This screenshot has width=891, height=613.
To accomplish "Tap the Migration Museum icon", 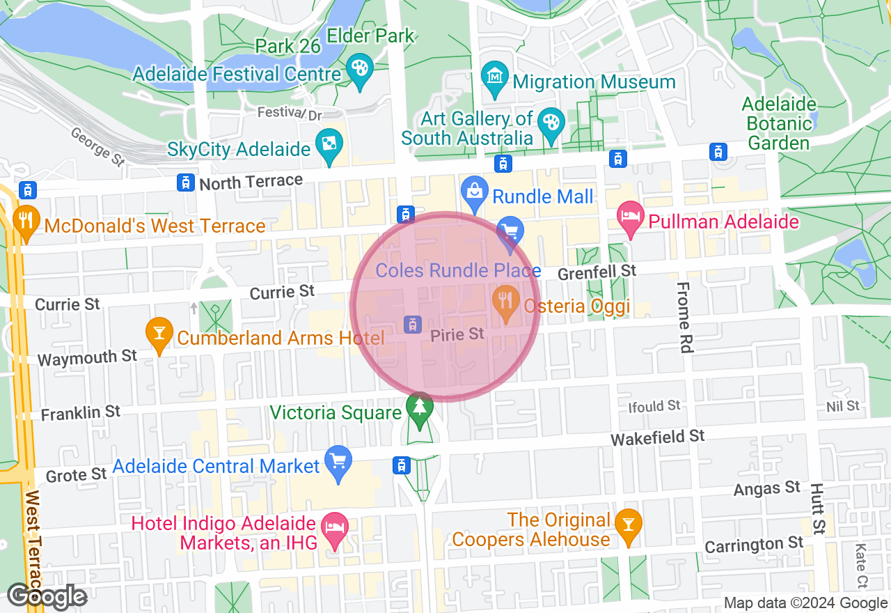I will pos(495,74).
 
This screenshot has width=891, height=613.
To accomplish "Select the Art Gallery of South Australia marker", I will pos(551,124).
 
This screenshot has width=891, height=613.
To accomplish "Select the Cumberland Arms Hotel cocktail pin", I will pos(159,333).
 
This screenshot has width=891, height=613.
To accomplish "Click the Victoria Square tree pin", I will pos(419,407).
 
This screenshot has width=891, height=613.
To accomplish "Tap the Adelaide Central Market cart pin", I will pos(339,461).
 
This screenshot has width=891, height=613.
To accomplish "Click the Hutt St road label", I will pos(817,509).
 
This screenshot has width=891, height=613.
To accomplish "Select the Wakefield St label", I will pos(658,437).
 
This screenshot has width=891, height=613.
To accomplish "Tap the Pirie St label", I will pos(457,335).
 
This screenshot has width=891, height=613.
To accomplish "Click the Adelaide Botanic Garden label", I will pos(778,124).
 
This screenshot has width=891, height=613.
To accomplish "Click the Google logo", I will pos(47,596).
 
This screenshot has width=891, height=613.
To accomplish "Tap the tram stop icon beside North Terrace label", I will pos(185,183).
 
